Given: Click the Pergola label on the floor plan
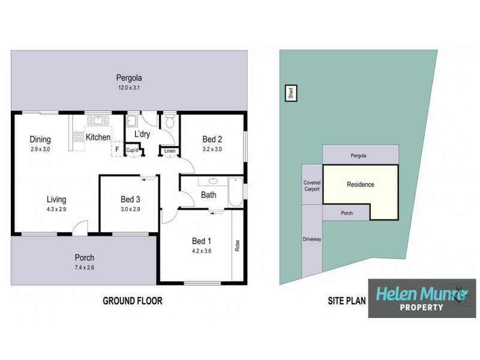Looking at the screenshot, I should click(129, 78).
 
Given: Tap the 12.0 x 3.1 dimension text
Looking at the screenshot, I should click(129, 88).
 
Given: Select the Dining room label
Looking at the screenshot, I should click(40, 140).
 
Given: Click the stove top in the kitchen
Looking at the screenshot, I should click(78, 136).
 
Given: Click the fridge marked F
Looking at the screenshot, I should click(117, 149).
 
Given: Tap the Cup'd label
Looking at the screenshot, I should click(132, 150).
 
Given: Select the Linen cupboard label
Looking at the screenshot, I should click(170, 151).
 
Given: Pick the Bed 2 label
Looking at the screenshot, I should click(212, 139).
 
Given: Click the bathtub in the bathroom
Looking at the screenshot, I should click(235, 191).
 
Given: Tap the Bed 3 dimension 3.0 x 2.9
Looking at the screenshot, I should click(130, 209).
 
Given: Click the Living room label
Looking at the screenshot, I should click(56, 200).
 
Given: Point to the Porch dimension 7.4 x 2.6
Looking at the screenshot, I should click(84, 268).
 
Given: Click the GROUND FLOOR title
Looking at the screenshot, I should click(133, 301).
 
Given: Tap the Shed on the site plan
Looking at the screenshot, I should click(290, 94).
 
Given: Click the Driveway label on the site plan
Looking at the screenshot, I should click(313, 239).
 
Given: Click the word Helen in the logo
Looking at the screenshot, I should click(397, 294).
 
